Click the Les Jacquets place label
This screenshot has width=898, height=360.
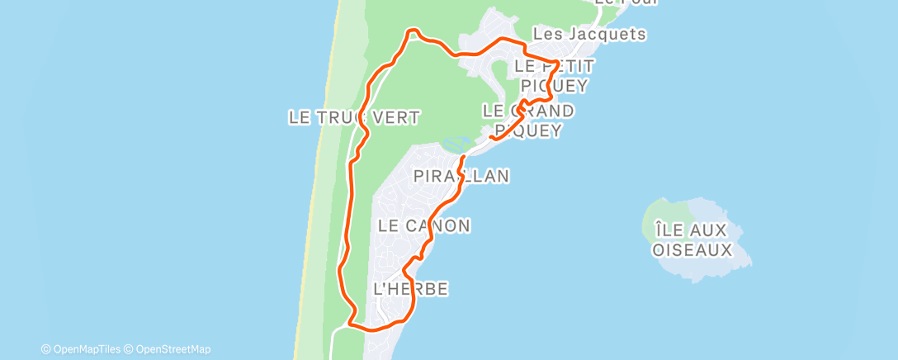[x=588, y=35]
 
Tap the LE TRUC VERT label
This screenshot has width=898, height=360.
[x=353, y=117]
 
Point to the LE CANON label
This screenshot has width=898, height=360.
[x=424, y=225]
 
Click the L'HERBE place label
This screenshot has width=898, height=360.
[x=411, y=289]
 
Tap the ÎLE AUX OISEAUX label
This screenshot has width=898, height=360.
[x=692, y=238]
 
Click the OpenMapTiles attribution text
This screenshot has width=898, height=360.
[x=84, y=349]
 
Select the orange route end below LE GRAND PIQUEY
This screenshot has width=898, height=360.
[x=491, y=137]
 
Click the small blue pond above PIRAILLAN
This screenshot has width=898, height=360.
[x=451, y=144]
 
